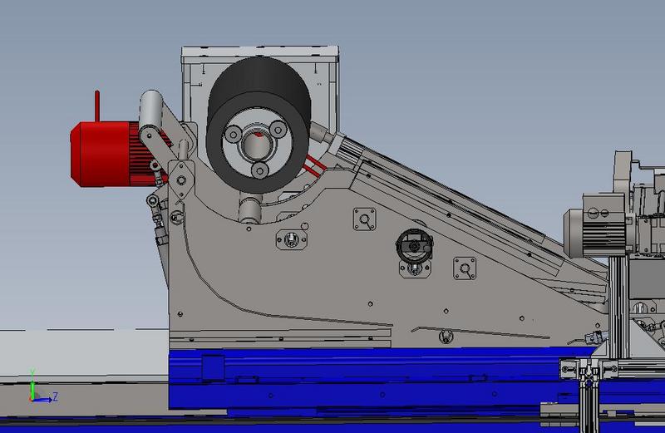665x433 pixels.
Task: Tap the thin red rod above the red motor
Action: pos(97,106)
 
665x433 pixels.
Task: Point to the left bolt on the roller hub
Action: pos(233,135)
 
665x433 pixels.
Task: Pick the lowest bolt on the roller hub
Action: pos(259,170)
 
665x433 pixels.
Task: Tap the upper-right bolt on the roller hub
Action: pos(278,129)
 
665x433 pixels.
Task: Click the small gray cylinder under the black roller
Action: pos(249,207)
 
